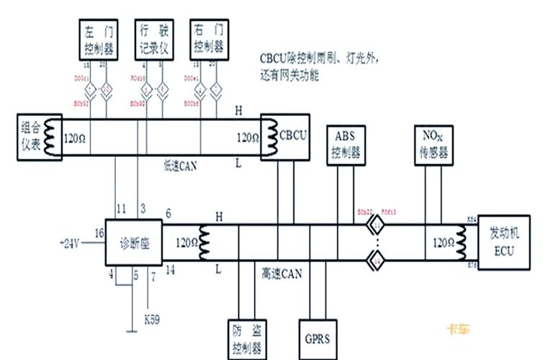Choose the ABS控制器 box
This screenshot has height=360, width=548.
pyautogui.click(x=346, y=144)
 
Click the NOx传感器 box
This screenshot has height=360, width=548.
pyautogui.click(x=432, y=144)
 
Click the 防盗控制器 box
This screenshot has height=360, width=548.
pyautogui.click(x=246, y=339)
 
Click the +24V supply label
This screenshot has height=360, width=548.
pyautogui.click(x=70, y=243)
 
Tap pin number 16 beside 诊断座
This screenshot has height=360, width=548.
pyautogui.click(x=99, y=232)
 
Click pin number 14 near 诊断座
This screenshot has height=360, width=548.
pyautogui.click(x=169, y=271)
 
